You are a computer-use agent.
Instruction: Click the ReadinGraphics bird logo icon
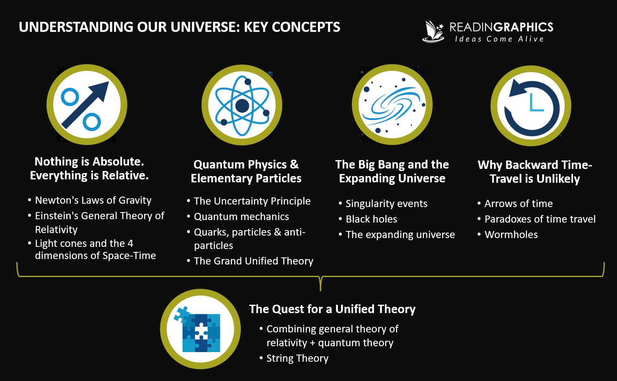click(x=433, y=31)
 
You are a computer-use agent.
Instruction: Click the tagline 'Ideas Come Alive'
click(x=499, y=39)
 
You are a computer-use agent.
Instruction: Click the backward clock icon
click(x=531, y=106)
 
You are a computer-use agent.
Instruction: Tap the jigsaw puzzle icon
click(x=200, y=329)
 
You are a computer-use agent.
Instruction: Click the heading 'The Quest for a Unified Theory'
click(x=332, y=309)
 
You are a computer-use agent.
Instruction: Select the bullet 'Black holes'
click(x=371, y=219)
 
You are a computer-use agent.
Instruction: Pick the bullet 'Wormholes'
click(x=511, y=235)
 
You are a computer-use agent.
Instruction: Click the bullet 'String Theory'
click(x=297, y=358)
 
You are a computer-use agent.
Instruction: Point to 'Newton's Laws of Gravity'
click(x=93, y=200)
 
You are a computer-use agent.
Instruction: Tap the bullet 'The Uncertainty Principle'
click(x=252, y=201)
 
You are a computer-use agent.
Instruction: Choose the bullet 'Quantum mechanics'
click(x=241, y=217)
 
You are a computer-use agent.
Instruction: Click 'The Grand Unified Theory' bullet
click(x=253, y=261)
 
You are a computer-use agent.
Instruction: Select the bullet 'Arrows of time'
click(x=519, y=204)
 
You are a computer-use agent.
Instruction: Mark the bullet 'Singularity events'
click(x=386, y=204)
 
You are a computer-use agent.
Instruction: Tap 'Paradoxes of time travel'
click(x=540, y=219)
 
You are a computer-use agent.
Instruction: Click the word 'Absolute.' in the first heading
click(x=118, y=162)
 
